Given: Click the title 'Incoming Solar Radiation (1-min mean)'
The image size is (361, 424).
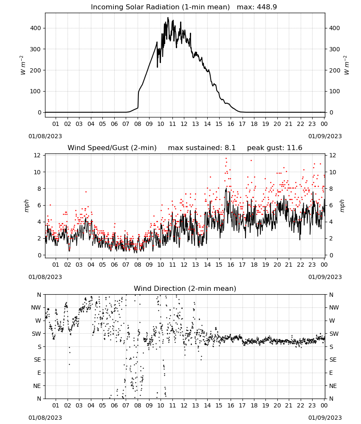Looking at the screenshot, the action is click(160, 7).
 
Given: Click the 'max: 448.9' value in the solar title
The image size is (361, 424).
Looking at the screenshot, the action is click(257, 7).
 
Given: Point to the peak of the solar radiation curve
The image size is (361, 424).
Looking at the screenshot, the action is click(168, 18).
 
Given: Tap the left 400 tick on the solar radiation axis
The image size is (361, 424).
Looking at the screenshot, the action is click(36, 28).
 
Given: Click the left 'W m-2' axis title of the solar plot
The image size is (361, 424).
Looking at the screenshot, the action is click(23, 65).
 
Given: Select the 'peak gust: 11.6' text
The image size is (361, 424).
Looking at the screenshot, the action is click(275, 148).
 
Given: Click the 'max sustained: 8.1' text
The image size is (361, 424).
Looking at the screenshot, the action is click(202, 148).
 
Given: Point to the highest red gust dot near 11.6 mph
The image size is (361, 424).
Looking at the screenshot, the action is click(226, 159).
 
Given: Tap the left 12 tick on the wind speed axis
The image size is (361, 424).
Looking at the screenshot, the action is click(37, 155).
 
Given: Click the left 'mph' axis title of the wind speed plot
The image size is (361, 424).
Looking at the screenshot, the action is click(26, 206).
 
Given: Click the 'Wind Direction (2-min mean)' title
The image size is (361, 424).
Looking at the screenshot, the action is click(185, 288).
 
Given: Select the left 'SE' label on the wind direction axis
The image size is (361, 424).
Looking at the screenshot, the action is click(37, 360).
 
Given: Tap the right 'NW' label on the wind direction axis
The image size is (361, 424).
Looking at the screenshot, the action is click(334, 308).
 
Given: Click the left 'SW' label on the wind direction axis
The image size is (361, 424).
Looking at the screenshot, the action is click(37, 334).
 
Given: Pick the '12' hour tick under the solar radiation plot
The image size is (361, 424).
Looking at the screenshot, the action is click(184, 124).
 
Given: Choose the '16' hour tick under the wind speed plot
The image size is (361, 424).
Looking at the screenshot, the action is click(231, 265).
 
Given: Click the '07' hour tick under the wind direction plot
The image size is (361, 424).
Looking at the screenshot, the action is click(126, 405).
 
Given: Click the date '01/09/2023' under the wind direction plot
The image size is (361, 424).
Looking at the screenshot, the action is click(325, 418).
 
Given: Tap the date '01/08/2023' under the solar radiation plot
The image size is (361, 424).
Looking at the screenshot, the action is click(45, 136).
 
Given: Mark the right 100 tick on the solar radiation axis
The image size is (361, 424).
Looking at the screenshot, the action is click(335, 92).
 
